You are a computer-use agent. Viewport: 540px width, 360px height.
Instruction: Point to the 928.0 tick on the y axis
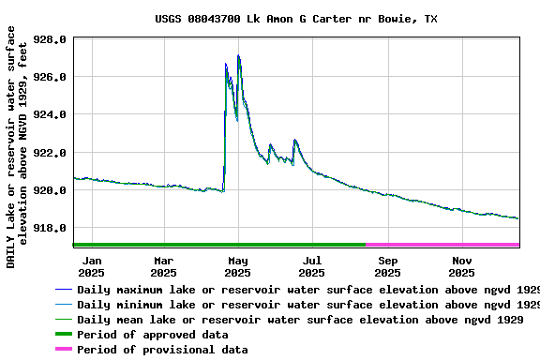50,40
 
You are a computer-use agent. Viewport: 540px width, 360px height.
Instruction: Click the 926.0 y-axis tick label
50,77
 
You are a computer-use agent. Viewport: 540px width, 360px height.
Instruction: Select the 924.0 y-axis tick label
50,115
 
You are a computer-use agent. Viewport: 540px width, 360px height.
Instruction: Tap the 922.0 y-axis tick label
50,153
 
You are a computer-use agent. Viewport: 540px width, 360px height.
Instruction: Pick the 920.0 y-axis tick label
50,190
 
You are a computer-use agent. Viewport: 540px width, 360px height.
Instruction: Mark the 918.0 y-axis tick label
50,228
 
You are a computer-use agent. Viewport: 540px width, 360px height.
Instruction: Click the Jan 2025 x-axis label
92,266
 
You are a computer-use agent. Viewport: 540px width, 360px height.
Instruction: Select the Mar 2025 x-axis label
163,266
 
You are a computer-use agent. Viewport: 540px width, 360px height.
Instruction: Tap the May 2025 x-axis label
237,266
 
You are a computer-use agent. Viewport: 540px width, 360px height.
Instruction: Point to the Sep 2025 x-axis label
387,266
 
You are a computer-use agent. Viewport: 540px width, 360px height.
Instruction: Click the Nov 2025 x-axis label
462,266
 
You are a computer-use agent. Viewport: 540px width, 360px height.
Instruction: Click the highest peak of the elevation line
239,56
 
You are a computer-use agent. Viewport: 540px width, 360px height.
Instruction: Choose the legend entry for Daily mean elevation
300,320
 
